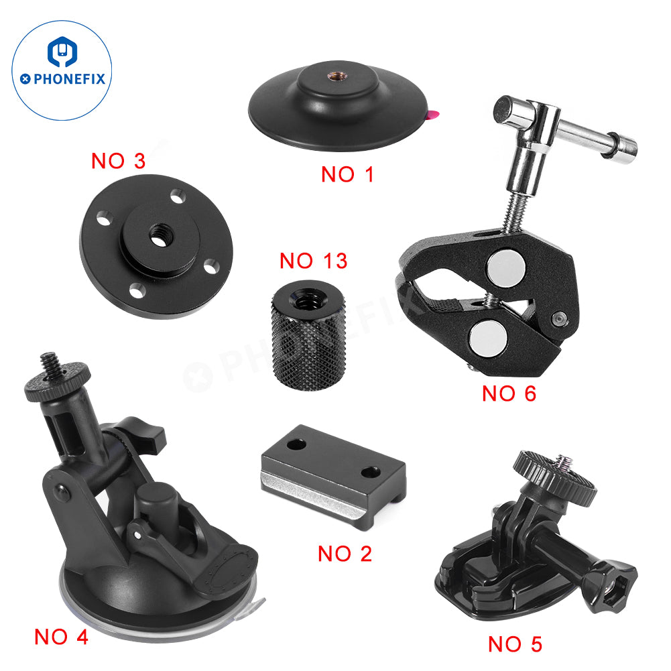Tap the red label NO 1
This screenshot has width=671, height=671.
coord(347,174)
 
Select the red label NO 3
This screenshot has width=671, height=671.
coord(119,161)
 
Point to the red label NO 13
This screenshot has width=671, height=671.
coord(313,261)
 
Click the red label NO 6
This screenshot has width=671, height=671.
coord(509,393)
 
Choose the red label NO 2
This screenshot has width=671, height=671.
coord(345,554)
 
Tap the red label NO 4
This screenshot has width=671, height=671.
coord(61,637)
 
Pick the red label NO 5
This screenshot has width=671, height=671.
coord(515,644)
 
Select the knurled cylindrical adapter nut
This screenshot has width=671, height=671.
coord(308,335)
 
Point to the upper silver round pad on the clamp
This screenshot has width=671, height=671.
coord(505,269)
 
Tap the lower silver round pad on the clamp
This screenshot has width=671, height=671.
coord(488,338)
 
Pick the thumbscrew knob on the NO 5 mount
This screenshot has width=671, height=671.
coord(555,477)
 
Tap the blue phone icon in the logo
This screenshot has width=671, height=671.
coord(62,52)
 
